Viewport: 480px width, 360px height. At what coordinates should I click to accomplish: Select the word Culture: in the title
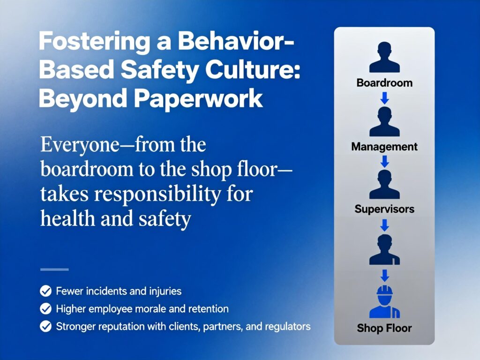pyautogui.click(x=253, y=69)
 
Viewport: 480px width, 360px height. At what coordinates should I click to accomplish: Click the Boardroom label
pyautogui.click(x=384, y=83)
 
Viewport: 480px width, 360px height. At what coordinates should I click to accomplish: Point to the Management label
pyautogui.click(x=384, y=147)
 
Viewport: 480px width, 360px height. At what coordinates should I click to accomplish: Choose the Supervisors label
pyautogui.click(x=384, y=209)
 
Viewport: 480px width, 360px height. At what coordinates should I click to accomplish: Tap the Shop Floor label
pyautogui.click(x=384, y=328)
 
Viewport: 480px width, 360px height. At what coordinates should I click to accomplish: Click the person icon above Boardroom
pyautogui.click(x=384, y=57)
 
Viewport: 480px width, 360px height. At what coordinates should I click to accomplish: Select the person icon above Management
pyautogui.click(x=384, y=121)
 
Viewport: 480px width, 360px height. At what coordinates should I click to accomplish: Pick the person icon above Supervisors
pyautogui.click(x=384, y=184)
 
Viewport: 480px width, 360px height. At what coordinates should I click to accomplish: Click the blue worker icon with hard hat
pyautogui.click(x=384, y=302)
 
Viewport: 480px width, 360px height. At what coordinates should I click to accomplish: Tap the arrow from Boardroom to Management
pyautogui.click(x=384, y=98)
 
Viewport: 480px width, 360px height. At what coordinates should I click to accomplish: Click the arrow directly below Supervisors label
pyautogui.click(x=384, y=225)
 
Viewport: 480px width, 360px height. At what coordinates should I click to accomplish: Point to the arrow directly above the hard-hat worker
pyautogui.click(x=384, y=276)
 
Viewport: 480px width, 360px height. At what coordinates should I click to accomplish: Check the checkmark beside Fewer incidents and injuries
pyautogui.click(x=45, y=291)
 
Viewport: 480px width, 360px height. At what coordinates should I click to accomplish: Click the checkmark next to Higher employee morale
pyautogui.click(x=45, y=308)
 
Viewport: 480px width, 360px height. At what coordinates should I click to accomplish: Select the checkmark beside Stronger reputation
pyautogui.click(x=45, y=326)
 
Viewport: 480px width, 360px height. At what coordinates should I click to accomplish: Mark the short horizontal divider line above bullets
pyautogui.click(x=54, y=270)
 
